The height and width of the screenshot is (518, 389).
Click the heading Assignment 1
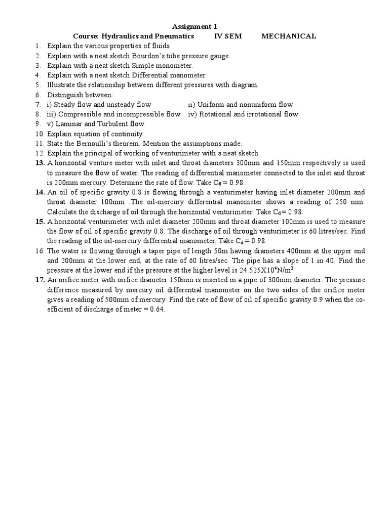(194, 27)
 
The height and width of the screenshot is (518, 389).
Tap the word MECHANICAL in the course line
(289, 36)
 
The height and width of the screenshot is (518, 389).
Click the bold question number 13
(40, 163)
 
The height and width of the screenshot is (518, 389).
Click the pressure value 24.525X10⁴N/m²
(264, 270)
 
